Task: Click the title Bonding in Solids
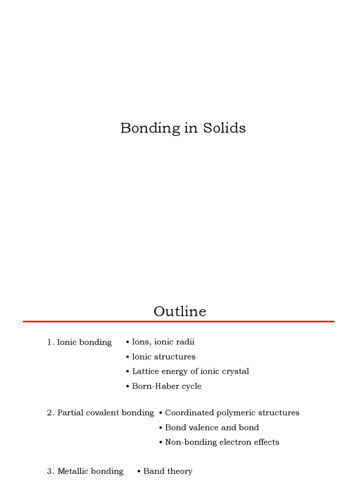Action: coord(183,128)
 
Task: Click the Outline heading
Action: coord(180,311)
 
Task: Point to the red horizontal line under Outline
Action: coord(179,322)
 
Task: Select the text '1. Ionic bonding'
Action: coord(79,342)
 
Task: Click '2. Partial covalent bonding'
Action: coord(100,413)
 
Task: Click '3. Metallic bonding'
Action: coord(85,471)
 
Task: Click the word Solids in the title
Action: coord(224,128)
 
